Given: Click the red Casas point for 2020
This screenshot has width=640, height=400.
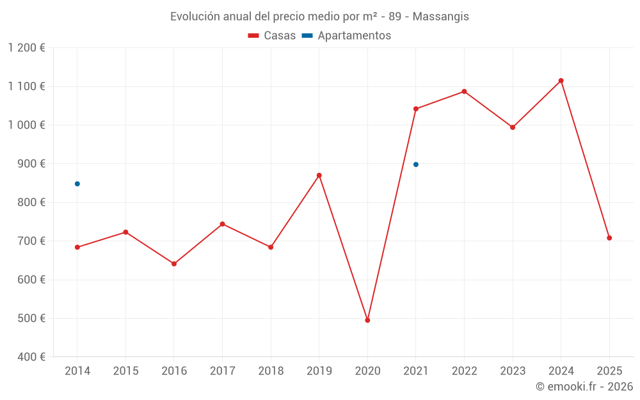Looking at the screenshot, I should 367,320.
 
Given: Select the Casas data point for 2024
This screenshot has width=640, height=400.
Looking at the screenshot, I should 561,81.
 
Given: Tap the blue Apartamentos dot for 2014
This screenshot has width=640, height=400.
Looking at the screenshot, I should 77,184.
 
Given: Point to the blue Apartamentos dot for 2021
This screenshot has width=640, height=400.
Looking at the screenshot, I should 416,164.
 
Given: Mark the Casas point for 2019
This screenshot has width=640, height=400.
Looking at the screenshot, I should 319,175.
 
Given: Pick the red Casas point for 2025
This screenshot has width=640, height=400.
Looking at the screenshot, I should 609,238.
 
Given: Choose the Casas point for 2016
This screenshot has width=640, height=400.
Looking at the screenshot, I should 174,264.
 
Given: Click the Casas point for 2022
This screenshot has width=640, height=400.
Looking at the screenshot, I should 465,92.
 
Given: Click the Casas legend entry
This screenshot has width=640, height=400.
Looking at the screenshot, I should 272,36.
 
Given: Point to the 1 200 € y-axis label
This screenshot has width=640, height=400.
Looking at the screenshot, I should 26,48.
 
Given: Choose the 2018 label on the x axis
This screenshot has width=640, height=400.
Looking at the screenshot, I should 271,371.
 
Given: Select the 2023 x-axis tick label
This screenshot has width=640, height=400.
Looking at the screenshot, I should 513,371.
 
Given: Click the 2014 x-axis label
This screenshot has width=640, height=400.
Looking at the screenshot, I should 77,371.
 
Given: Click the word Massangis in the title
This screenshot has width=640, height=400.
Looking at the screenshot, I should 441,17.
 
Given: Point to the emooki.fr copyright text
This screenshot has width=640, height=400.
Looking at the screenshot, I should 584,387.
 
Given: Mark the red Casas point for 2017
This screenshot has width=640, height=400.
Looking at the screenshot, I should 222,224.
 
